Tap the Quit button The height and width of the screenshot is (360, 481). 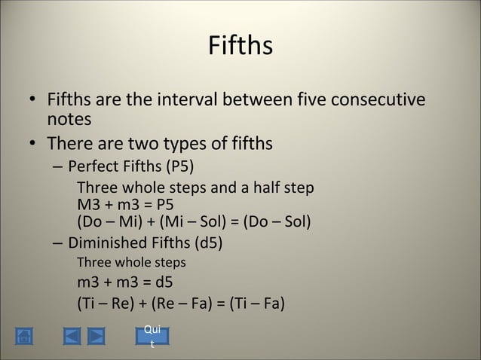tap(152, 335)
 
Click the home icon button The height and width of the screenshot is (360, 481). tap(23, 336)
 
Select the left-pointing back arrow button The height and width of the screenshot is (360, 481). tap(71, 336)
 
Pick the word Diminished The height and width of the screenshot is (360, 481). tap(105, 244)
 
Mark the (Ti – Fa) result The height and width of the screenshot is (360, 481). tap(253, 304)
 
